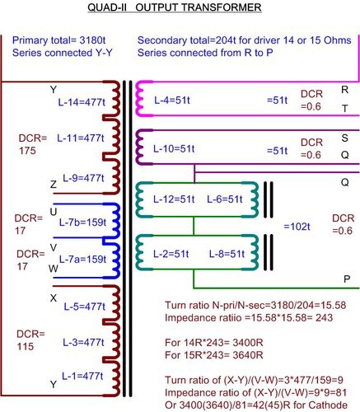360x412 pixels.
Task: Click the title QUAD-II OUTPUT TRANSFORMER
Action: click(x=175, y=7)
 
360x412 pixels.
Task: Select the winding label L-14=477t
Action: click(x=82, y=102)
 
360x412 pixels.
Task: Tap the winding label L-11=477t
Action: click(x=81, y=138)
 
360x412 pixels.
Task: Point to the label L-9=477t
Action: click(x=83, y=178)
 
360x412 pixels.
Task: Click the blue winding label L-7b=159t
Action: click(x=82, y=222)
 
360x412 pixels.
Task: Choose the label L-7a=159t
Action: click(x=82, y=259)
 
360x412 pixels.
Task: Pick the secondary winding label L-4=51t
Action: click(x=172, y=101)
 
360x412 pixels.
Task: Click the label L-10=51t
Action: click(x=174, y=149)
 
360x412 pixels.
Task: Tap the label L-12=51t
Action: click(x=174, y=199)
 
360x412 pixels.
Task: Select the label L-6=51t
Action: click(x=225, y=199)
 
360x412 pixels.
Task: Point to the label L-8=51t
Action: click(x=227, y=254)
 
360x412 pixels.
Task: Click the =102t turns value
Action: click(x=297, y=227)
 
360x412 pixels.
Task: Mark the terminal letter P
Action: click(x=347, y=279)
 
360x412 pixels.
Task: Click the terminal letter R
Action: click(x=344, y=90)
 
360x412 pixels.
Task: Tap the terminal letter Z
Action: click(x=54, y=184)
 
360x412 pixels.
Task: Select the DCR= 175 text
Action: click(x=33, y=144)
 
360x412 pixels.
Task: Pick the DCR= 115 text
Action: click(x=30, y=340)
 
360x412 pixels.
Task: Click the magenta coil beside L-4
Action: click(x=140, y=99)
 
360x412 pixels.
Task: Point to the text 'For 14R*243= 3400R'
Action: click(x=214, y=343)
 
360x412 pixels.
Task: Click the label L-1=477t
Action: click(x=82, y=376)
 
